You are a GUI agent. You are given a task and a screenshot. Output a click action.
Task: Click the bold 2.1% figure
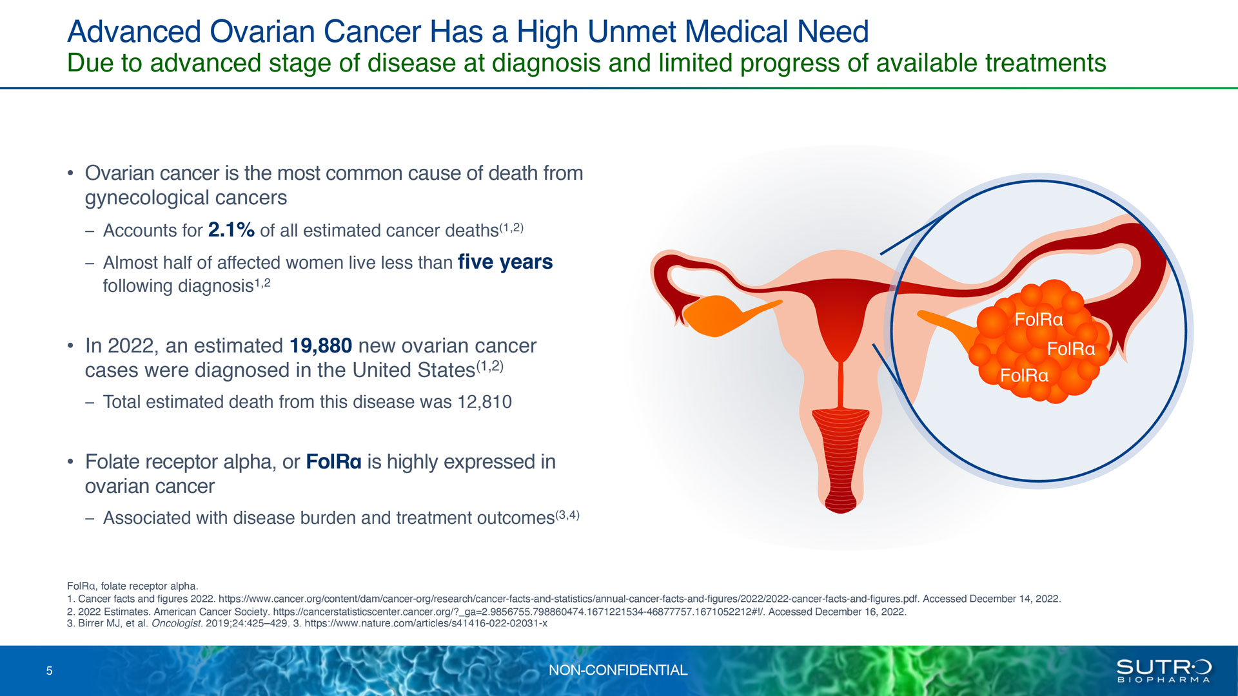point(231,230)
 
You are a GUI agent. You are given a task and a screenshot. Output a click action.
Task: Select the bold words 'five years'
point(505,262)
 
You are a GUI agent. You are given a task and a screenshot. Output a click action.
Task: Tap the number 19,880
point(320,346)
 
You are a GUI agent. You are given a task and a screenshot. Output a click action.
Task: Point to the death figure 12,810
point(484,402)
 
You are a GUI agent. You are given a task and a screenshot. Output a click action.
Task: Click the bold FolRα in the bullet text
point(333,462)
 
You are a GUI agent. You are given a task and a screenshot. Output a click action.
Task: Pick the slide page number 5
point(49,671)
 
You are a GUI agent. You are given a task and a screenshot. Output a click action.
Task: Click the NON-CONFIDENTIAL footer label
point(618,670)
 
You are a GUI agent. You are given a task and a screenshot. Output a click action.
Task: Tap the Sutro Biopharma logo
point(1164,671)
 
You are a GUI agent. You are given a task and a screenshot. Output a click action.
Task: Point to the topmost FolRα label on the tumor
point(1038,320)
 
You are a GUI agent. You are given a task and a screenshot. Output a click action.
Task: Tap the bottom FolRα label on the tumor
point(1024,376)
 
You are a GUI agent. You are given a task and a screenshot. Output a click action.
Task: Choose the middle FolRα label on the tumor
point(1071,349)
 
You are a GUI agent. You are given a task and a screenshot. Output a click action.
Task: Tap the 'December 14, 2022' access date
point(1015,599)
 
